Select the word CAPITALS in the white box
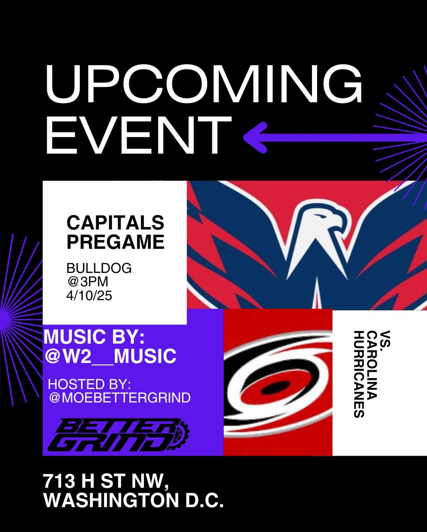click(115, 222)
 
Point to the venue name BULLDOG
click(99, 268)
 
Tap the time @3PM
click(88, 282)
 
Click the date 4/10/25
click(89, 296)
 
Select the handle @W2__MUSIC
click(110, 356)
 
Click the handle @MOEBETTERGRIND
click(120, 398)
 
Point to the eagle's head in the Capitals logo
click(320, 222)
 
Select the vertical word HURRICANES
click(359, 374)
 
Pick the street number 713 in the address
click(59, 481)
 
